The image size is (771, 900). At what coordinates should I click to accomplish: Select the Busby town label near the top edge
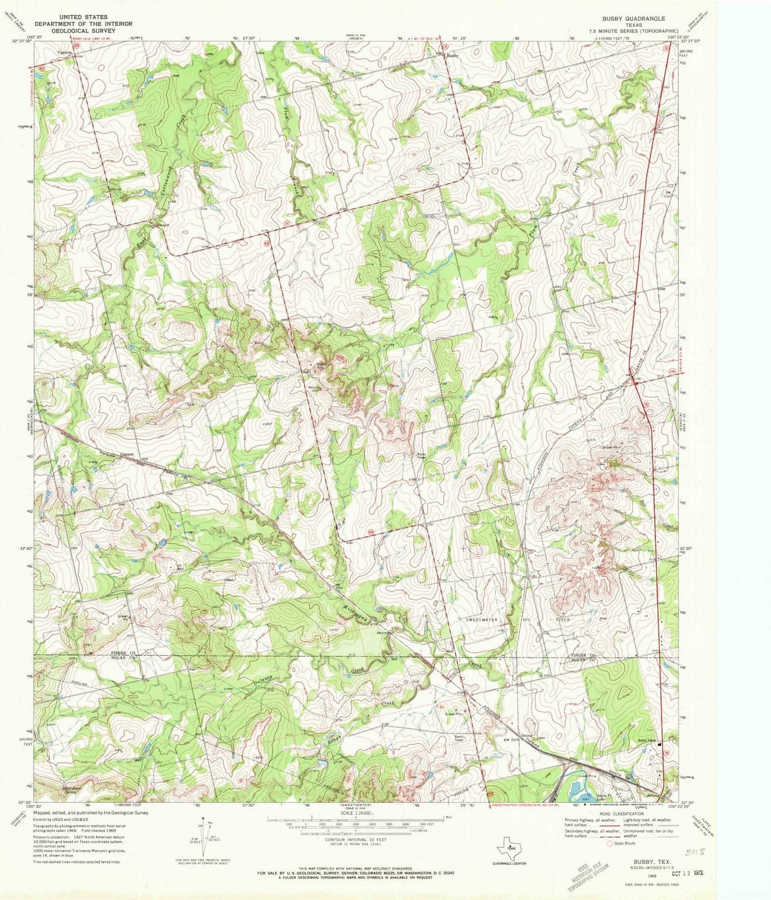[x=453, y=56]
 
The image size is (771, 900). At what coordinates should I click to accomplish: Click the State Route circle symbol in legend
[x=610, y=843]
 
